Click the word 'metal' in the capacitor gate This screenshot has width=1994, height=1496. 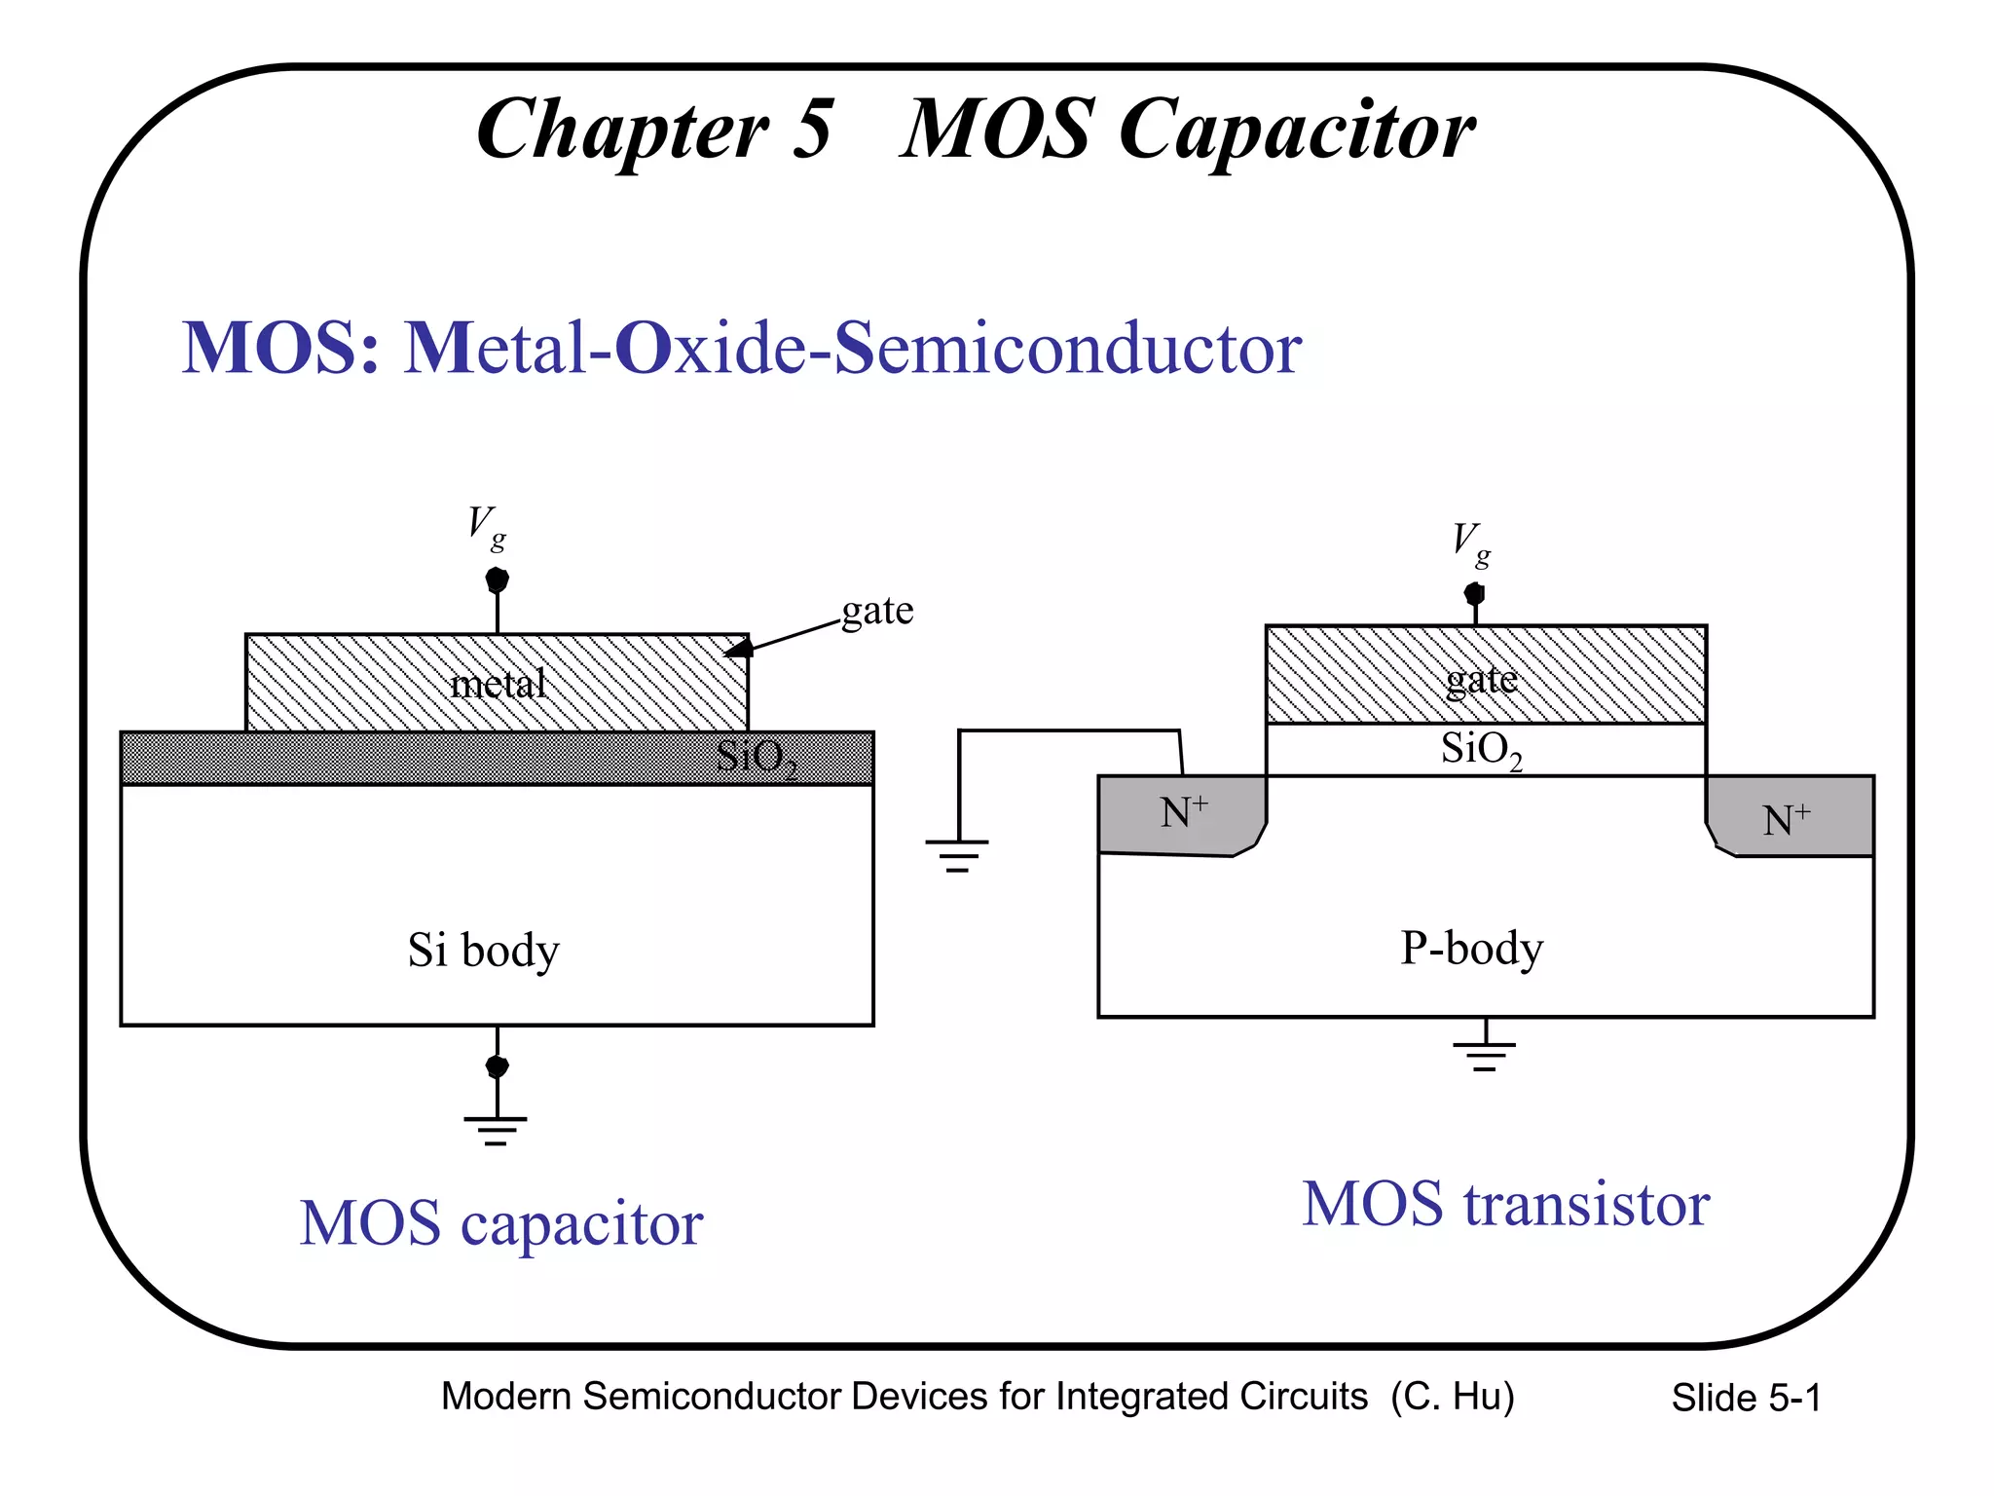click(498, 684)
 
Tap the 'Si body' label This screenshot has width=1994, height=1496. click(483, 951)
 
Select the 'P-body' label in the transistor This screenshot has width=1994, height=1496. click(1471, 948)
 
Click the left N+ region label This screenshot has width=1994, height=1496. click(1184, 812)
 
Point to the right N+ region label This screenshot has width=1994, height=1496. click(1786, 820)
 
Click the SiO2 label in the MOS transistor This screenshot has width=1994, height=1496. click(1481, 750)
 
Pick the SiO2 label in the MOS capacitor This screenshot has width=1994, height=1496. click(757, 758)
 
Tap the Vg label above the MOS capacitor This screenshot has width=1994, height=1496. click(486, 527)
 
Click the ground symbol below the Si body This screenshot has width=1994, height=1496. click(496, 1129)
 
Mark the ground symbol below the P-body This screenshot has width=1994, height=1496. click(1484, 1055)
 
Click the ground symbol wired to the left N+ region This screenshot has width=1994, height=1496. click(957, 854)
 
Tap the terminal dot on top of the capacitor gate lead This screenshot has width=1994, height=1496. click(497, 580)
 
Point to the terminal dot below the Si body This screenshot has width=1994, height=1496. click(497, 1066)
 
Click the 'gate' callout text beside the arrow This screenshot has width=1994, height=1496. click(877, 612)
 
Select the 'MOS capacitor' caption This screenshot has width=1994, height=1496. click(500, 1223)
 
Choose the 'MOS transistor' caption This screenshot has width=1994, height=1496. click(1505, 1204)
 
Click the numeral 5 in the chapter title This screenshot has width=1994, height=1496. click(812, 130)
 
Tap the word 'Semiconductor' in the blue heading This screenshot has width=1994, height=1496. click(1068, 348)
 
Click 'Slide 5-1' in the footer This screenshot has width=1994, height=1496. click(1746, 1398)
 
